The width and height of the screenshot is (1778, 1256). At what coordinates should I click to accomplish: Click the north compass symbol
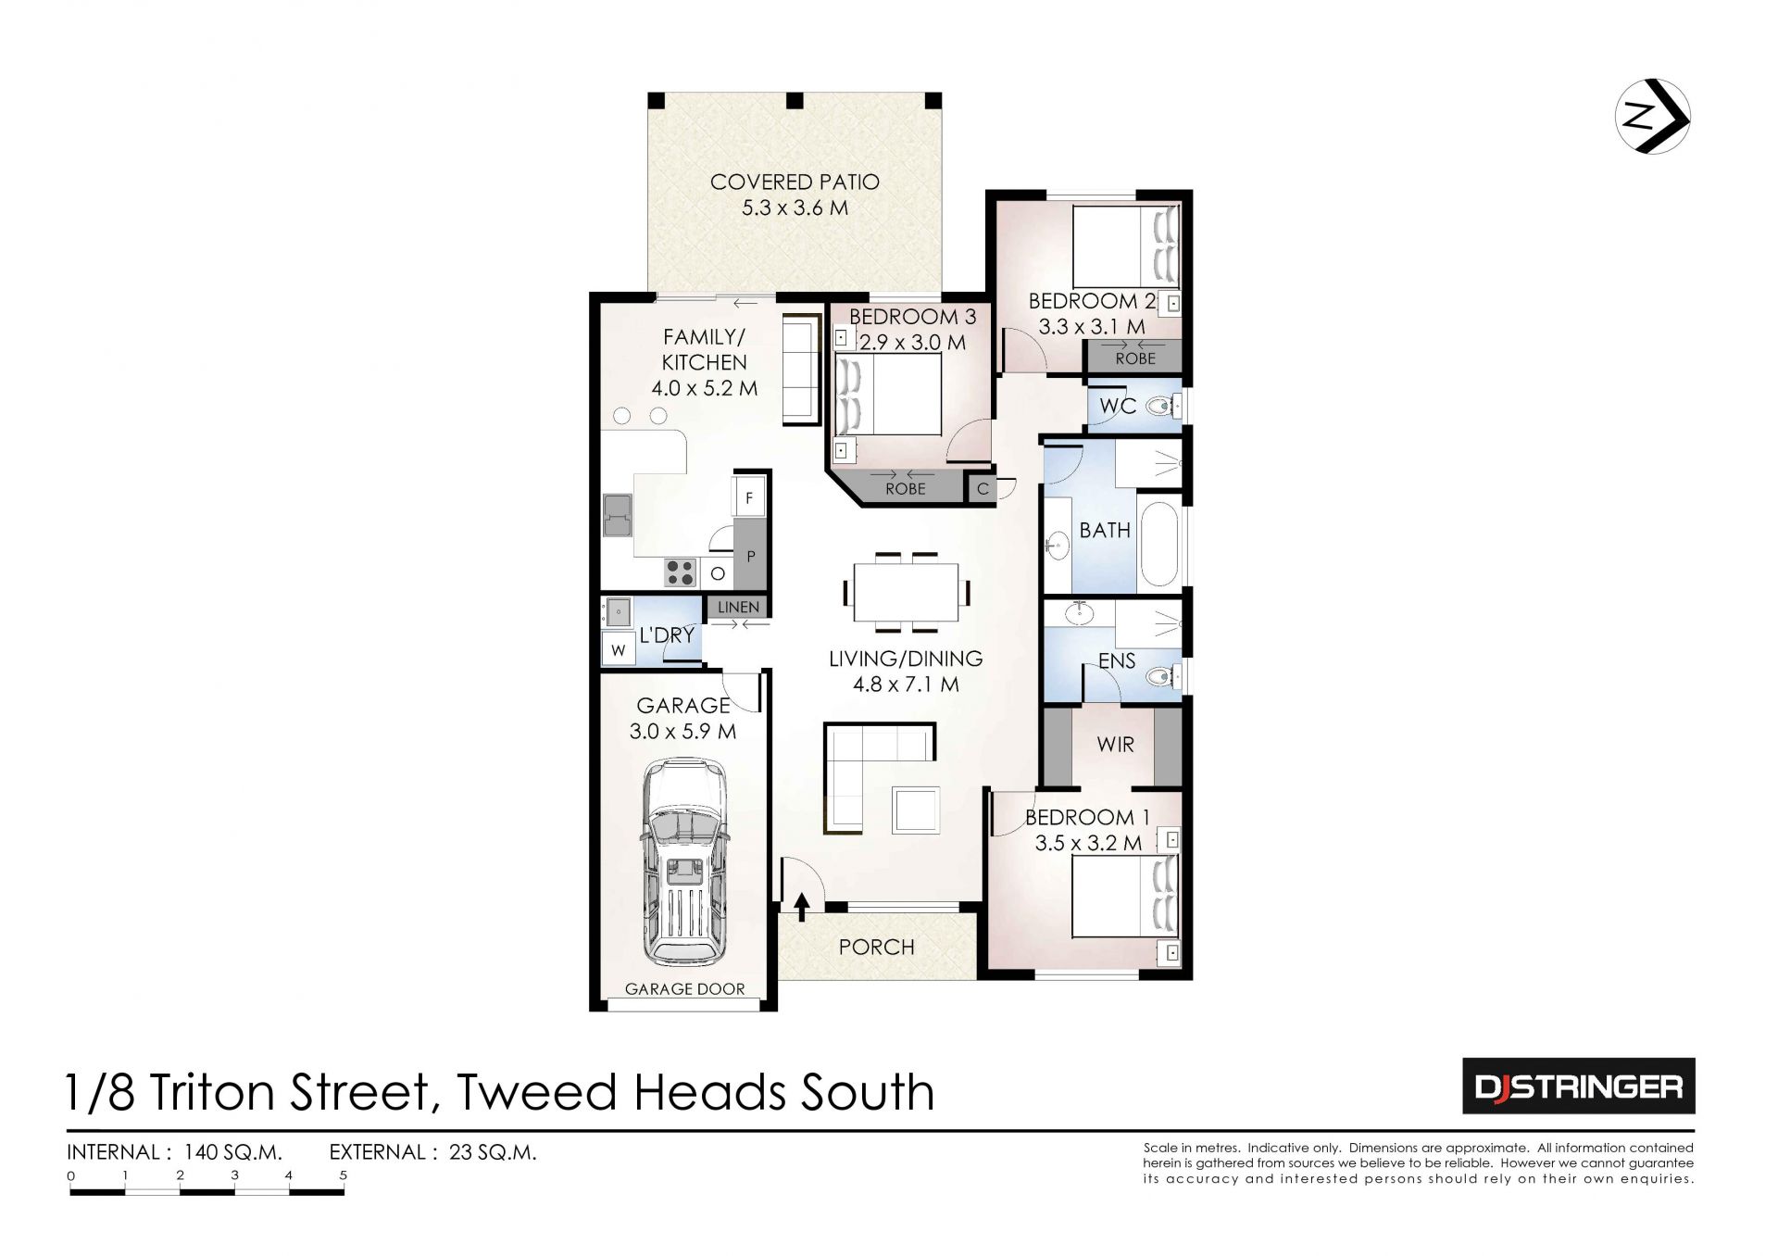pyautogui.click(x=1652, y=117)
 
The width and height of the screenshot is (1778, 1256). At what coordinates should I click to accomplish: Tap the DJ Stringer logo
pyautogui.click(x=1578, y=1086)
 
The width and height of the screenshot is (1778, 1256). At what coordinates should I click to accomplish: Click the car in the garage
pyautogui.click(x=684, y=862)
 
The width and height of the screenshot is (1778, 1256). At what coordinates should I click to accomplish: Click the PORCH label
pyautogui.click(x=876, y=947)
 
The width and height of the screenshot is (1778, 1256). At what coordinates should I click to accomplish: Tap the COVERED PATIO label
pyautogui.click(x=795, y=182)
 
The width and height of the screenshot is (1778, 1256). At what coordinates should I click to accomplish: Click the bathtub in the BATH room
pyautogui.click(x=1159, y=546)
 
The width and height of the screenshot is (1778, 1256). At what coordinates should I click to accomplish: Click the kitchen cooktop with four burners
pyautogui.click(x=681, y=572)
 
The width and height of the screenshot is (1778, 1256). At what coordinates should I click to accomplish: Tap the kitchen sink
pyautogui.click(x=617, y=515)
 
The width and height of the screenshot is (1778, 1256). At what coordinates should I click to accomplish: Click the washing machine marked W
pyautogui.click(x=618, y=649)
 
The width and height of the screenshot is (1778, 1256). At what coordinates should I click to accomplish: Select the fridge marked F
pyautogui.click(x=748, y=496)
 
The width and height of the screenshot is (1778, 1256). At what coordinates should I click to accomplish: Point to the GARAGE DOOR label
pyautogui.click(x=684, y=989)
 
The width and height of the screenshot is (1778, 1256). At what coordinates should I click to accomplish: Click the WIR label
pyautogui.click(x=1115, y=744)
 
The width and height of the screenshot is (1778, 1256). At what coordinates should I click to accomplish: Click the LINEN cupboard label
pyautogui.click(x=738, y=608)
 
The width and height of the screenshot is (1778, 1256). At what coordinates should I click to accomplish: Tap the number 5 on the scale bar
pyautogui.click(x=344, y=1175)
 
